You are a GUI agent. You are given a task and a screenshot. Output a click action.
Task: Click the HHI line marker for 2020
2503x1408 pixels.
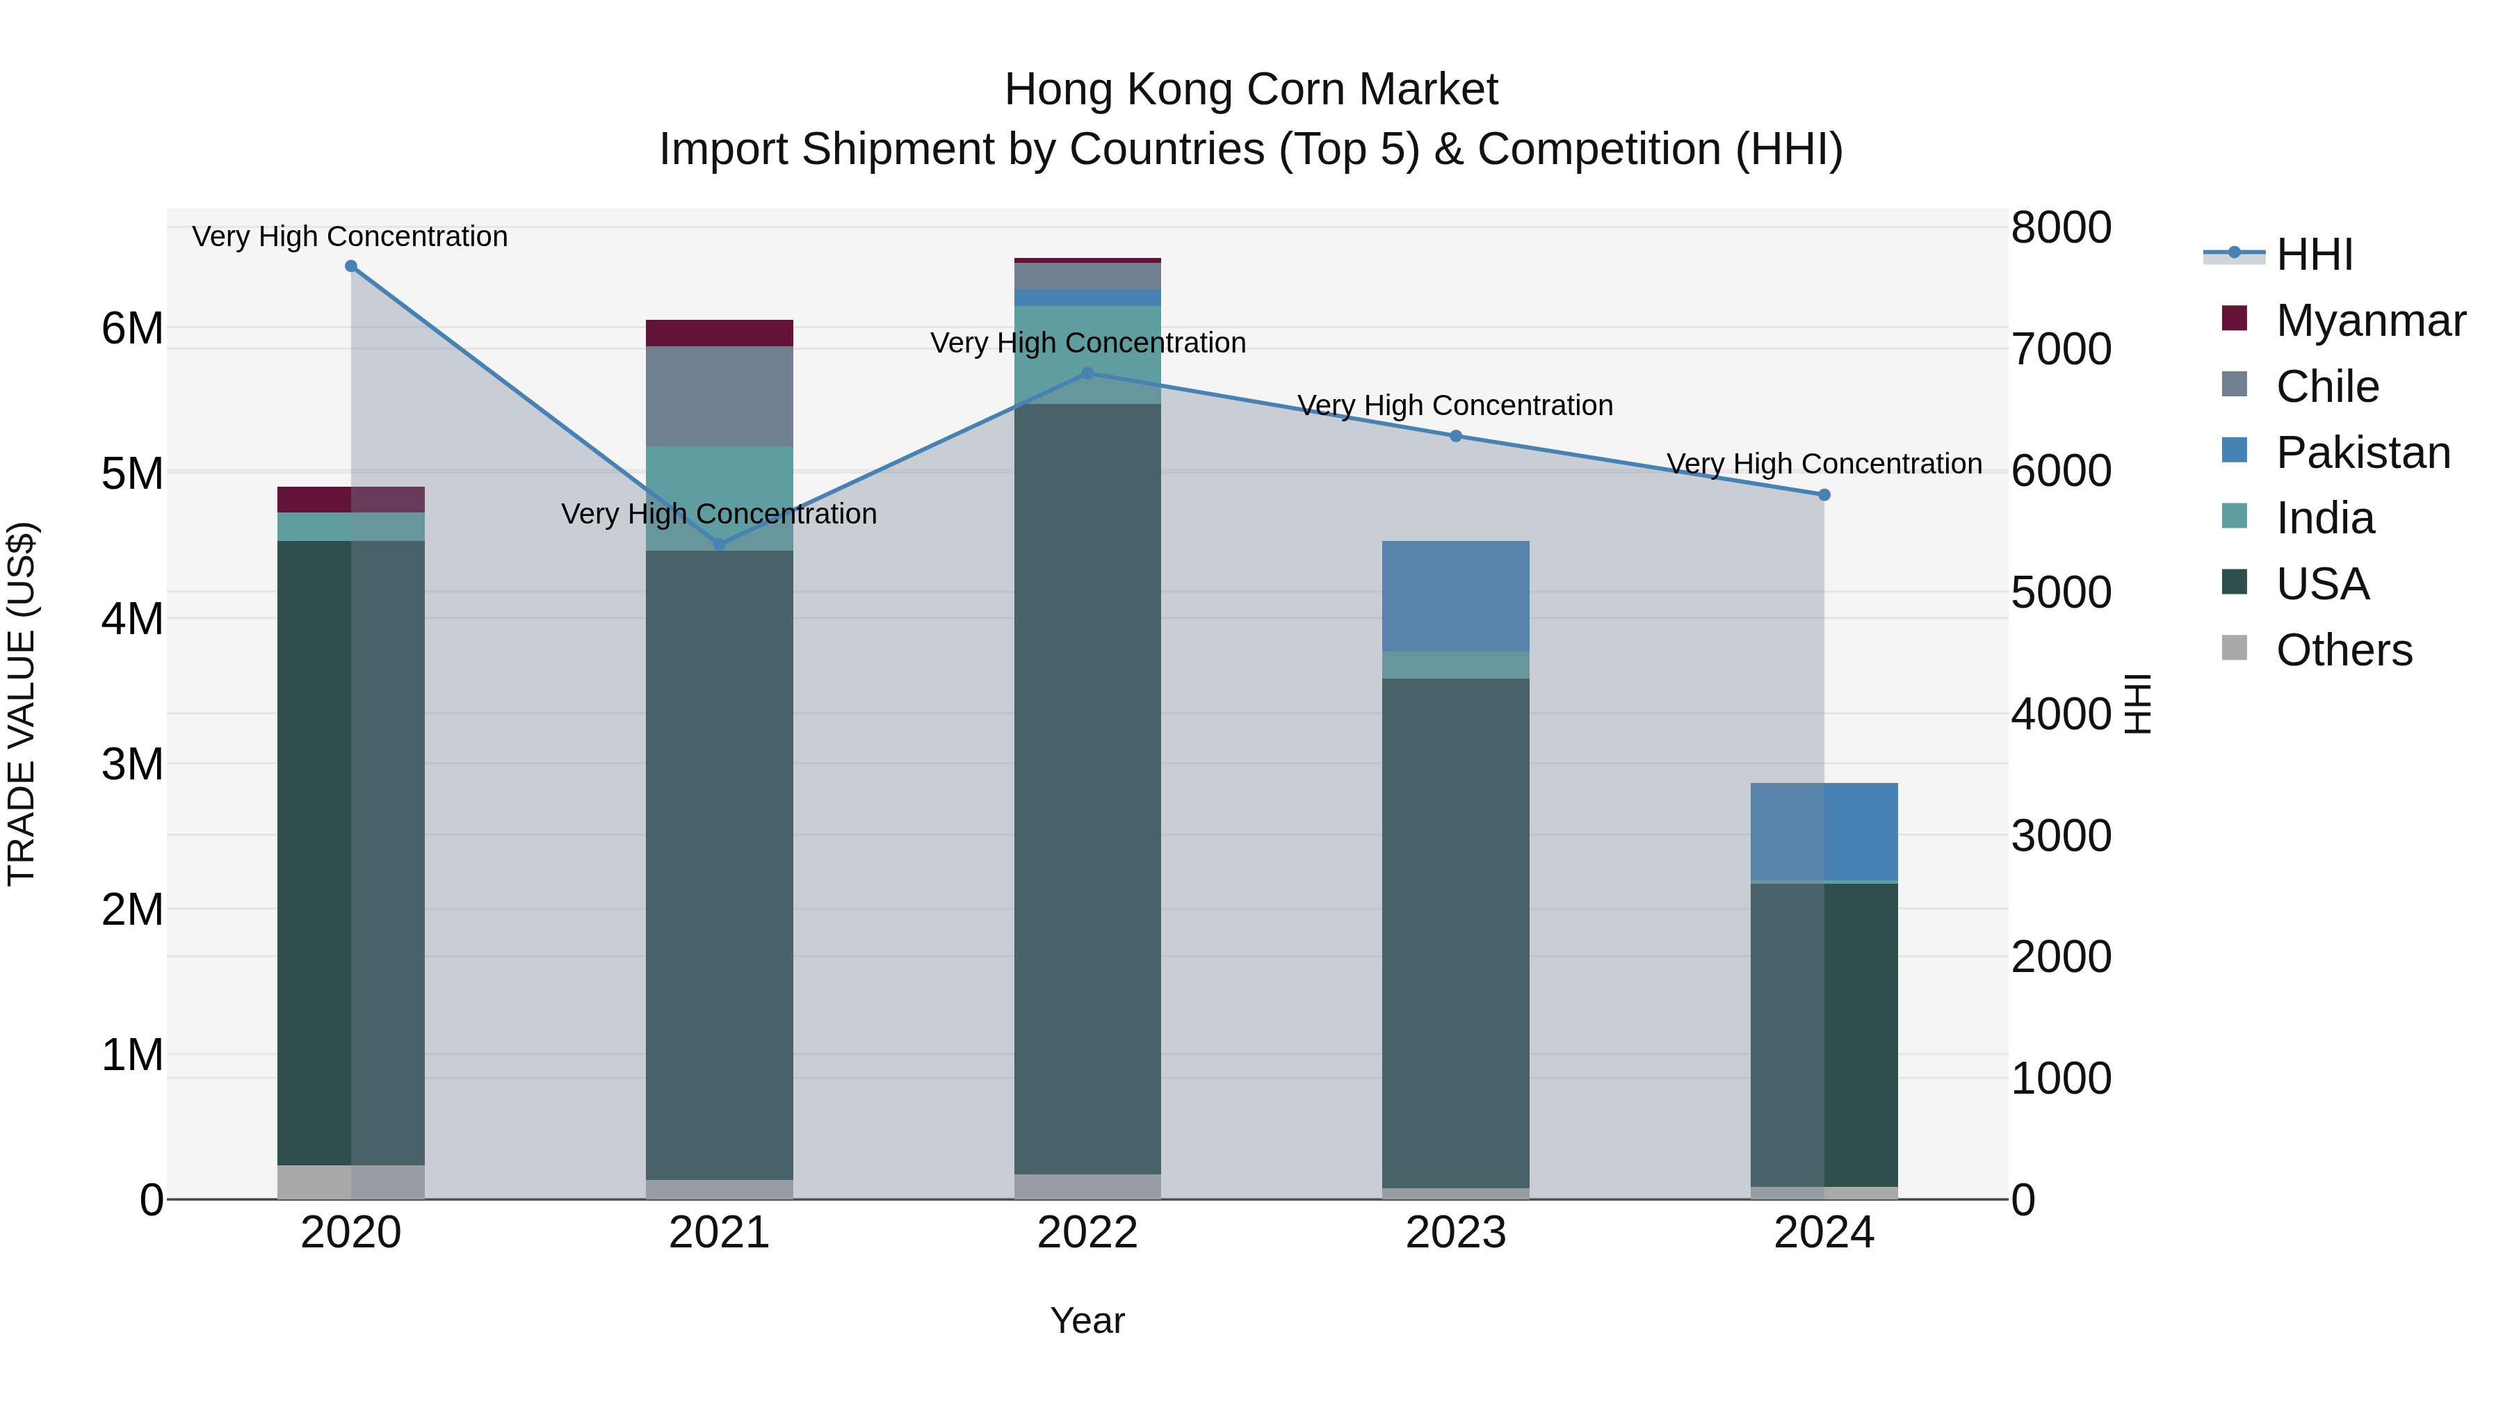pyautogui.click(x=351, y=266)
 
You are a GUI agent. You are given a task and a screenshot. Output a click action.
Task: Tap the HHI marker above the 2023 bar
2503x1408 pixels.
pyautogui.click(x=1455, y=436)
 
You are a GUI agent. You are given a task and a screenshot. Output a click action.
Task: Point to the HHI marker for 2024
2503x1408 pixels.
pyautogui.click(x=1824, y=494)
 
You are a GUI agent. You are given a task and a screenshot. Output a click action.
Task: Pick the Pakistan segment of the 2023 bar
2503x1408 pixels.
pyautogui.click(x=1455, y=596)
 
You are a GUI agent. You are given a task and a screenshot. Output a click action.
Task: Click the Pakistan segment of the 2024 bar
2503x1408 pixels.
pyautogui.click(x=1824, y=832)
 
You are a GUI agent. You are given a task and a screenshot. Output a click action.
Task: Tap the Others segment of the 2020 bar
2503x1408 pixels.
pyautogui.click(x=351, y=1181)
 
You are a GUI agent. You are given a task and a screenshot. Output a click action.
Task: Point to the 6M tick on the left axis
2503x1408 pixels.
pyautogui.click(x=133, y=328)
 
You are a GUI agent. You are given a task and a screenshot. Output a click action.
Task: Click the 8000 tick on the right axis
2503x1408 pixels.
pyautogui.click(x=2061, y=227)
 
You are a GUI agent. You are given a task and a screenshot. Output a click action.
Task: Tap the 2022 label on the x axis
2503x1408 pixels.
pyautogui.click(x=1087, y=1233)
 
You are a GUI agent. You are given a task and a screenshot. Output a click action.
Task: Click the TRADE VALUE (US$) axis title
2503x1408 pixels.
pyautogui.click(x=22, y=704)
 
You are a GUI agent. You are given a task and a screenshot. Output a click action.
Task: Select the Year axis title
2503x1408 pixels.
pyautogui.click(x=1087, y=1320)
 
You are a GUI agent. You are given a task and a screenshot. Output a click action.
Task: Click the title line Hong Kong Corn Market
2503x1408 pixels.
pyautogui.click(x=1251, y=90)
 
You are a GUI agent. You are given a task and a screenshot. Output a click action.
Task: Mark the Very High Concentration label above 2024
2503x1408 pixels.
pyautogui.click(x=1824, y=464)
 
